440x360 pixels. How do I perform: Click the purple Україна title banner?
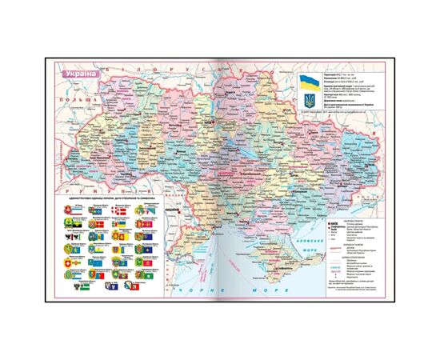point(77,74)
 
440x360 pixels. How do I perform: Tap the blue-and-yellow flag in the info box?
point(308,82)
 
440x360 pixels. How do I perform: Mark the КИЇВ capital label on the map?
point(210,122)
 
